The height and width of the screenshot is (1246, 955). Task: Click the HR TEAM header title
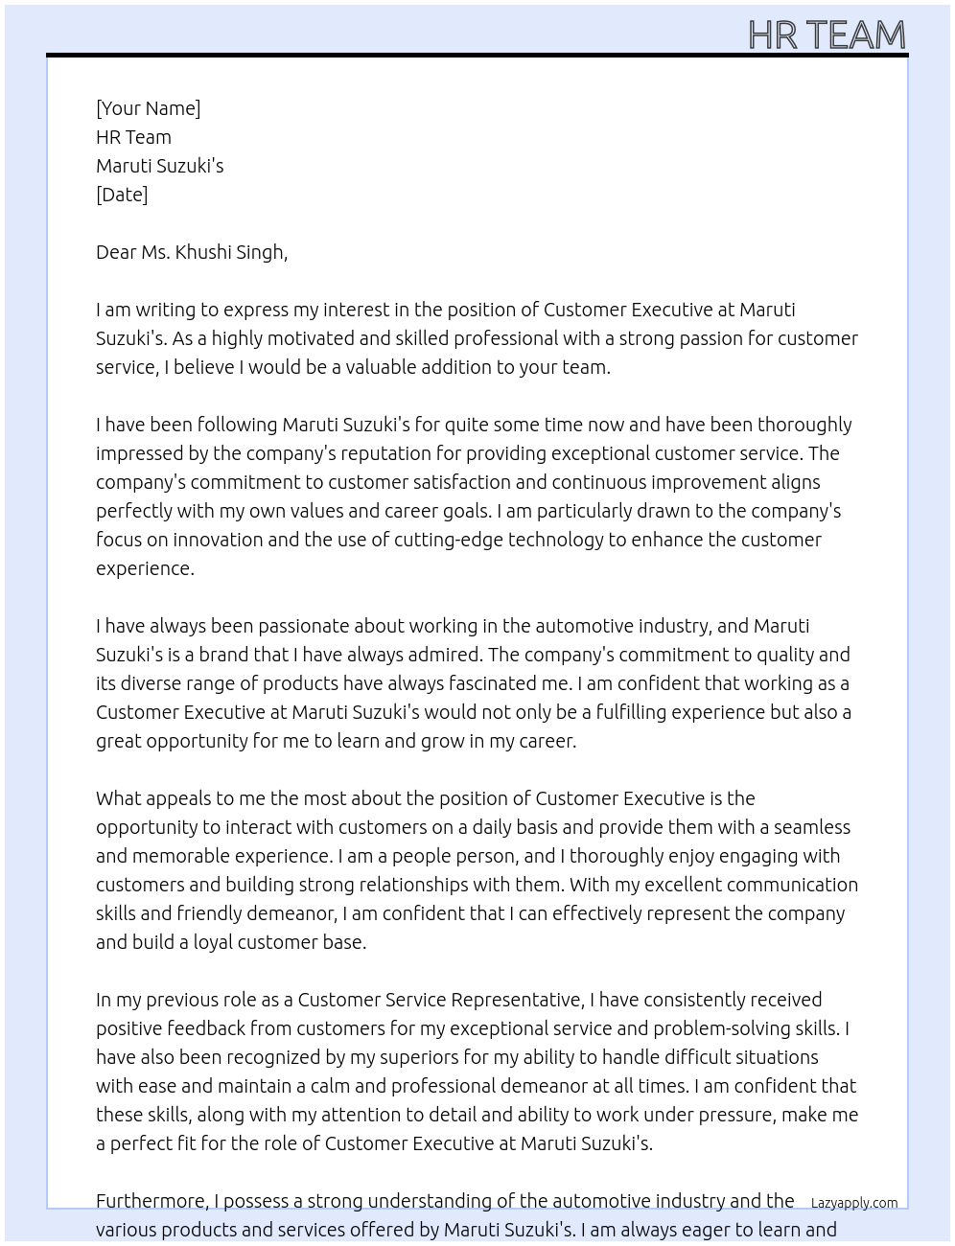[827, 35]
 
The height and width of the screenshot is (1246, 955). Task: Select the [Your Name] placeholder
[148, 108]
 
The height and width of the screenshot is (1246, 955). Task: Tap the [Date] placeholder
[122, 195]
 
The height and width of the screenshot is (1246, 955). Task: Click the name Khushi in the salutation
[202, 252]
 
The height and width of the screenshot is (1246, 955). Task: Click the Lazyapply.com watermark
[854, 1203]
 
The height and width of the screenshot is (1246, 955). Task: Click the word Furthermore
[152, 1201]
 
